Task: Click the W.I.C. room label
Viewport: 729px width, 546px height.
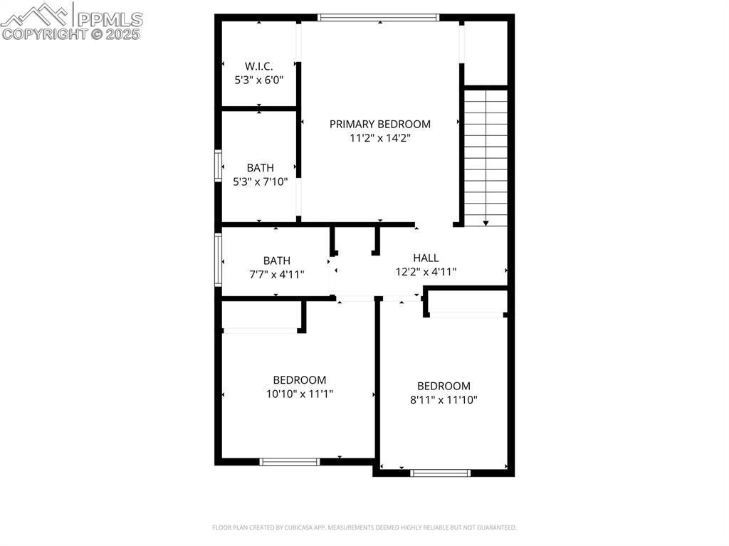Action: (x=258, y=66)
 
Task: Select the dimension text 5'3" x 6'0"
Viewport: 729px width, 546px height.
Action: (x=258, y=80)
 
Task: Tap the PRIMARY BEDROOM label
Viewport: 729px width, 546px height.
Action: (x=380, y=124)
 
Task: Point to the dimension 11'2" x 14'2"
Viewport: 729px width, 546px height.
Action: (x=380, y=138)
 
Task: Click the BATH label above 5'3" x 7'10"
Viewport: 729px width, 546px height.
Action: (x=261, y=168)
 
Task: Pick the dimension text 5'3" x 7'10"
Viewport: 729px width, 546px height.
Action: (x=261, y=182)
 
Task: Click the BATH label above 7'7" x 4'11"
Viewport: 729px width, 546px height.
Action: (x=277, y=261)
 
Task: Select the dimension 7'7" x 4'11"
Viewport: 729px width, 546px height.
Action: (x=277, y=275)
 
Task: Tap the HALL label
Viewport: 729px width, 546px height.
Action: (x=426, y=258)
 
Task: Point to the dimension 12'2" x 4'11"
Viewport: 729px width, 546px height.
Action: (x=426, y=272)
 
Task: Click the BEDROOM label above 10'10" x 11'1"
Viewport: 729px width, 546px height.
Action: (x=300, y=380)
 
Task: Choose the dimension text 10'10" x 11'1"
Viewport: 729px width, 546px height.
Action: (x=300, y=394)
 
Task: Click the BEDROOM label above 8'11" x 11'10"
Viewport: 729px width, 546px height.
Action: (x=444, y=386)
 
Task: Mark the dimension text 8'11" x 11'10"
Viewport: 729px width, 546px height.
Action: (x=444, y=400)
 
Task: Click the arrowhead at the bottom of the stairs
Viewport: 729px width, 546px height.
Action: (x=486, y=224)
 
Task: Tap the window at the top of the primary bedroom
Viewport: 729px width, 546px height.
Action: (x=379, y=18)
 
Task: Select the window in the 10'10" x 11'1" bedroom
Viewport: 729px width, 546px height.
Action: (x=290, y=462)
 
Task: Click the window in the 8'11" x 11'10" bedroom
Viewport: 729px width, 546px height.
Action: (x=440, y=473)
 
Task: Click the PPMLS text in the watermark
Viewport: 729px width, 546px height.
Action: (x=110, y=19)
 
